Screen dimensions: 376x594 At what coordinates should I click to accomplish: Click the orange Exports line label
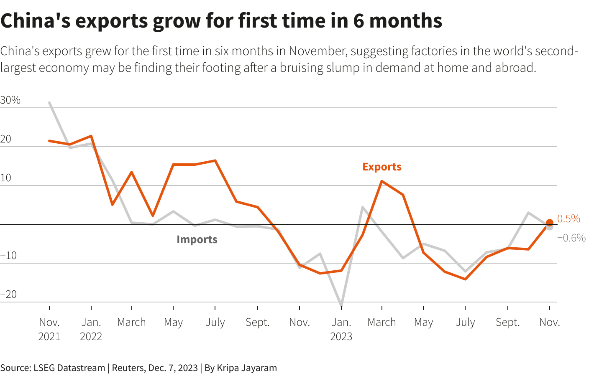[x=381, y=167]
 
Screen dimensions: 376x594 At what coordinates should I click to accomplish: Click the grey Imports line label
[x=197, y=239]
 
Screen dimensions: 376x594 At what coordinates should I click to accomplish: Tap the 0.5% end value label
[x=568, y=218]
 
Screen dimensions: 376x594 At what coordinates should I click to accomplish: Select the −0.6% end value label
[x=571, y=238]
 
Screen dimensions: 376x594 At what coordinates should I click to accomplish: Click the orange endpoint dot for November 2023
[x=549, y=223]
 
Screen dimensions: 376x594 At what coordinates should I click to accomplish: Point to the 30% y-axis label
[x=10, y=100]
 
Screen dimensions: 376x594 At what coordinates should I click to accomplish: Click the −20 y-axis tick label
[x=9, y=294]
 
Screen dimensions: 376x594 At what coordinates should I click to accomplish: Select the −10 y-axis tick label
[x=9, y=255]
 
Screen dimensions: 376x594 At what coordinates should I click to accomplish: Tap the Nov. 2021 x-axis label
[x=49, y=329]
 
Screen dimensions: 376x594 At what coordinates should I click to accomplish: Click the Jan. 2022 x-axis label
[x=91, y=329]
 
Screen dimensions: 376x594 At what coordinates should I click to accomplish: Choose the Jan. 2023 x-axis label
[x=341, y=329]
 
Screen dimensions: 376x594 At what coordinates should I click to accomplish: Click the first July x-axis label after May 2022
[x=215, y=322]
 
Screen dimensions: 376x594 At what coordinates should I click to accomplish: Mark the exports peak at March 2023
[x=382, y=181]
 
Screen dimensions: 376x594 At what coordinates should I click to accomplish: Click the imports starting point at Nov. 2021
[x=49, y=102]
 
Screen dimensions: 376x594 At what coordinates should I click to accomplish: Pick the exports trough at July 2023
[x=465, y=279]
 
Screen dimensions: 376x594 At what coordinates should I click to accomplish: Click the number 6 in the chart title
[x=358, y=20]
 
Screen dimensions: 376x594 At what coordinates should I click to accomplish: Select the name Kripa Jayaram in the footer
[x=246, y=368]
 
